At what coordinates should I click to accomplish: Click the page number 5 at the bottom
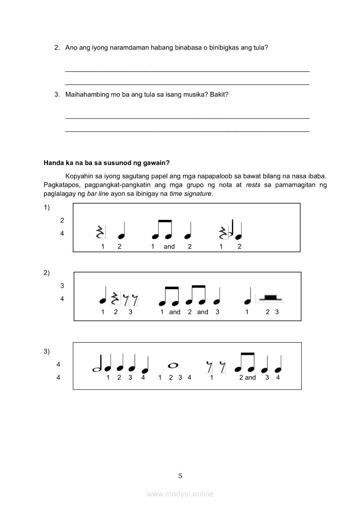[x=180, y=476]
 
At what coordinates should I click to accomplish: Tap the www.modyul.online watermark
[x=180, y=494]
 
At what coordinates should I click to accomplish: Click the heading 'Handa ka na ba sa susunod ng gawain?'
[x=106, y=163]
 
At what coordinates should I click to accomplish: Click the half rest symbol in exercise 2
[x=271, y=297]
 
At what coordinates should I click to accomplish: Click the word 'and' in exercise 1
[x=169, y=246]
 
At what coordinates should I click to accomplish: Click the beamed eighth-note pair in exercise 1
[x=162, y=231]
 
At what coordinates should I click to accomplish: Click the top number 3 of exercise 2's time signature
[x=62, y=286]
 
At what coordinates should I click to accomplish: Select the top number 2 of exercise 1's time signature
[x=62, y=220]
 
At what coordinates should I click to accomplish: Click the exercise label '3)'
[x=47, y=351]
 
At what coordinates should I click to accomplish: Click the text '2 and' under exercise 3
[x=247, y=378]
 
